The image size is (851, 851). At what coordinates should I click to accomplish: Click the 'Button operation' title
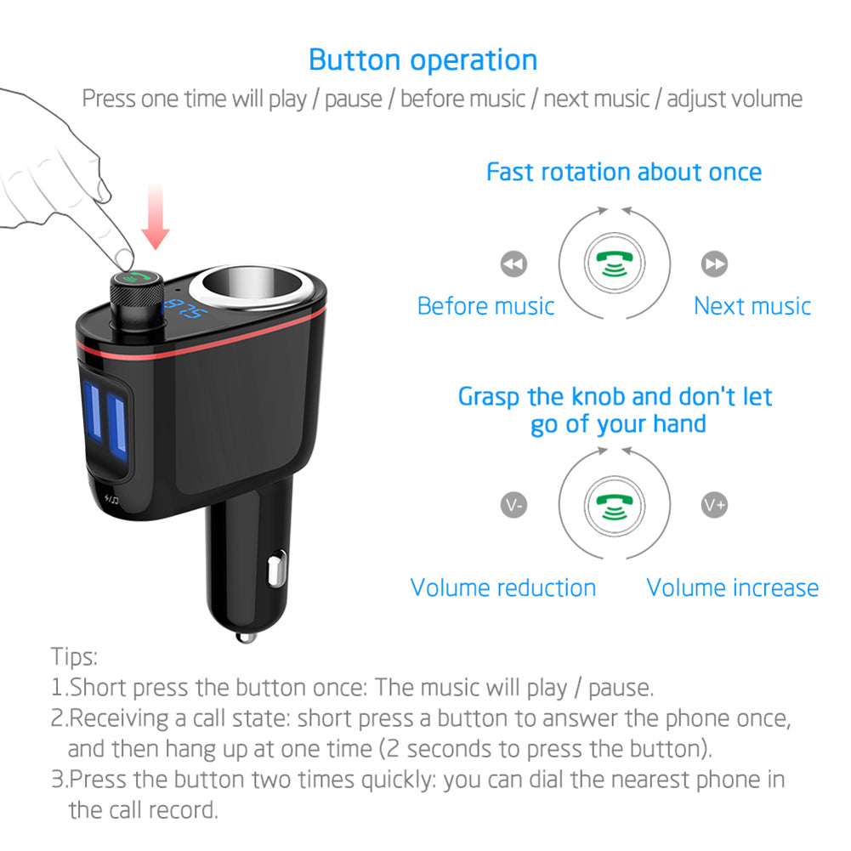click(x=423, y=60)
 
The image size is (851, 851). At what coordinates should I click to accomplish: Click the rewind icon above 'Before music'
click(x=513, y=264)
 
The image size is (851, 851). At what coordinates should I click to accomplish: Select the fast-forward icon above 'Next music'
click(x=714, y=264)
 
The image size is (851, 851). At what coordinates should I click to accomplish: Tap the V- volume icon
click(x=513, y=505)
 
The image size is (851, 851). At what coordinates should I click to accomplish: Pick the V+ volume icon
click(x=714, y=505)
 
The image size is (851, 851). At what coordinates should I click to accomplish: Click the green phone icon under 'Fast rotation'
click(x=614, y=264)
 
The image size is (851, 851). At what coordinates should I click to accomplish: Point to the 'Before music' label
click(x=485, y=306)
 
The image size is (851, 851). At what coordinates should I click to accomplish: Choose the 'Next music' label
click(x=752, y=306)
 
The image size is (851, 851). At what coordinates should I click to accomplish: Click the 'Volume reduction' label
click(x=503, y=587)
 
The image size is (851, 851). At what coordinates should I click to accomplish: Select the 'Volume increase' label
click(x=733, y=587)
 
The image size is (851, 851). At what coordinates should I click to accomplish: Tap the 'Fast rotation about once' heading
click(x=624, y=172)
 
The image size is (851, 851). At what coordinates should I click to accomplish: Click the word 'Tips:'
click(x=75, y=656)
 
